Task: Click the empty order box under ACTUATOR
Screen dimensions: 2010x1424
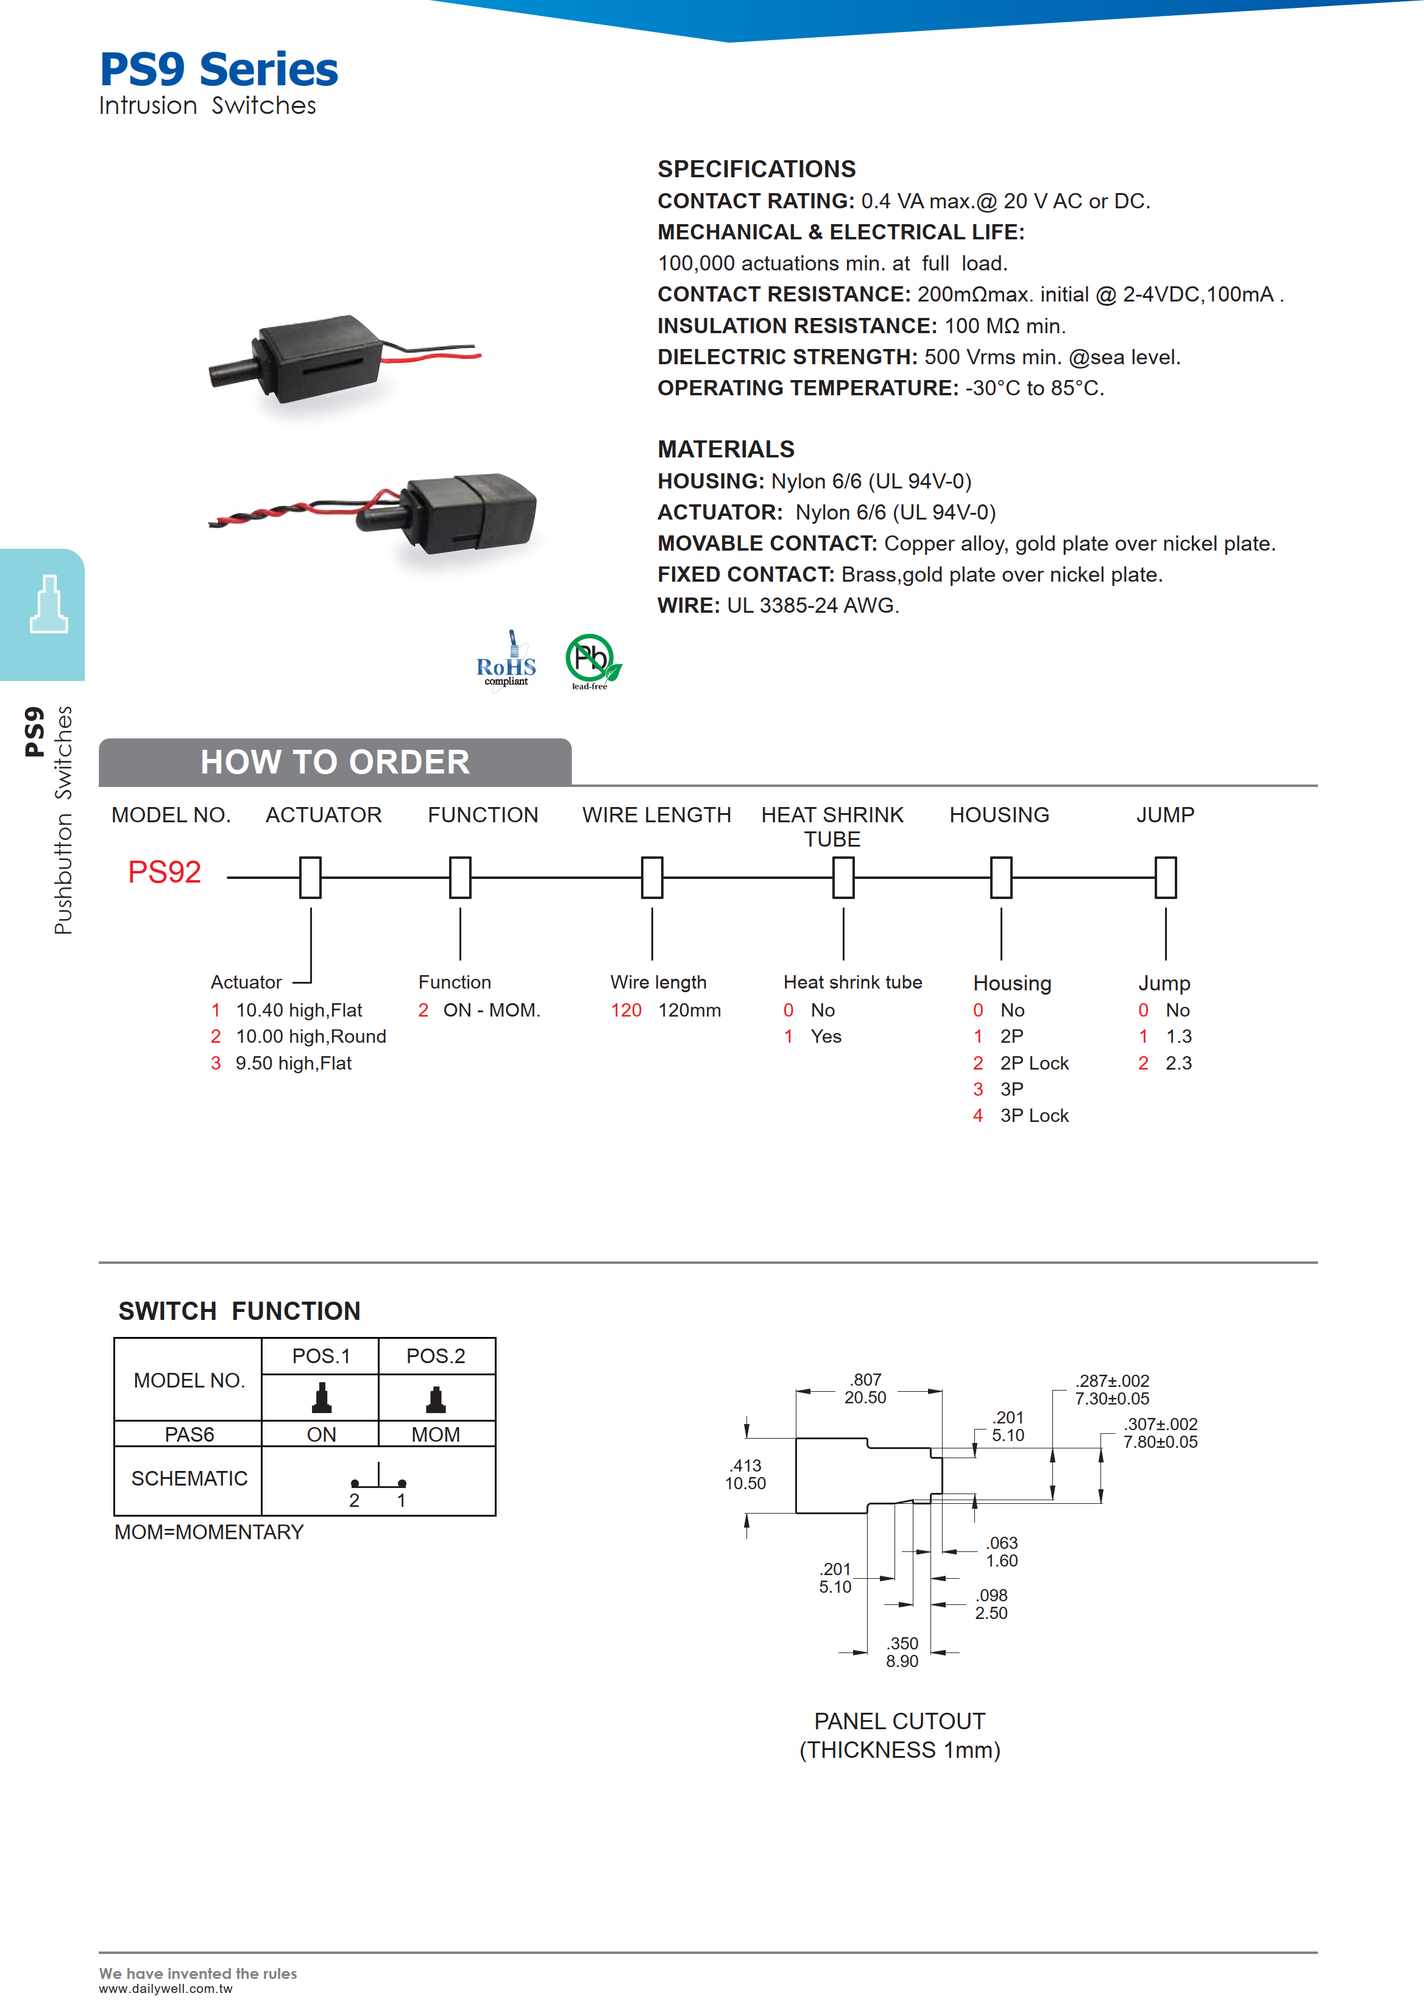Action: (310, 878)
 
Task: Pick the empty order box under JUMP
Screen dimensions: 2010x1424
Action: (1165, 878)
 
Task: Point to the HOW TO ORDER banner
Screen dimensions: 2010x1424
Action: (335, 762)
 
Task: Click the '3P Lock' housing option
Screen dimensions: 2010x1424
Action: (1034, 1115)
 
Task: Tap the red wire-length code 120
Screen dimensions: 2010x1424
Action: (626, 1010)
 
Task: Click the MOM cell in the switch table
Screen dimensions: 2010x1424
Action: (436, 1434)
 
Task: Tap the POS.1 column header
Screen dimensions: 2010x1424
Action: (321, 1356)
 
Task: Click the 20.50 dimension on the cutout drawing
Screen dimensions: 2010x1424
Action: (865, 1397)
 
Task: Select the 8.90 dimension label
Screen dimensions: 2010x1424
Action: (902, 1661)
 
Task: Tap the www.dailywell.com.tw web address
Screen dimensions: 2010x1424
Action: (166, 1989)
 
